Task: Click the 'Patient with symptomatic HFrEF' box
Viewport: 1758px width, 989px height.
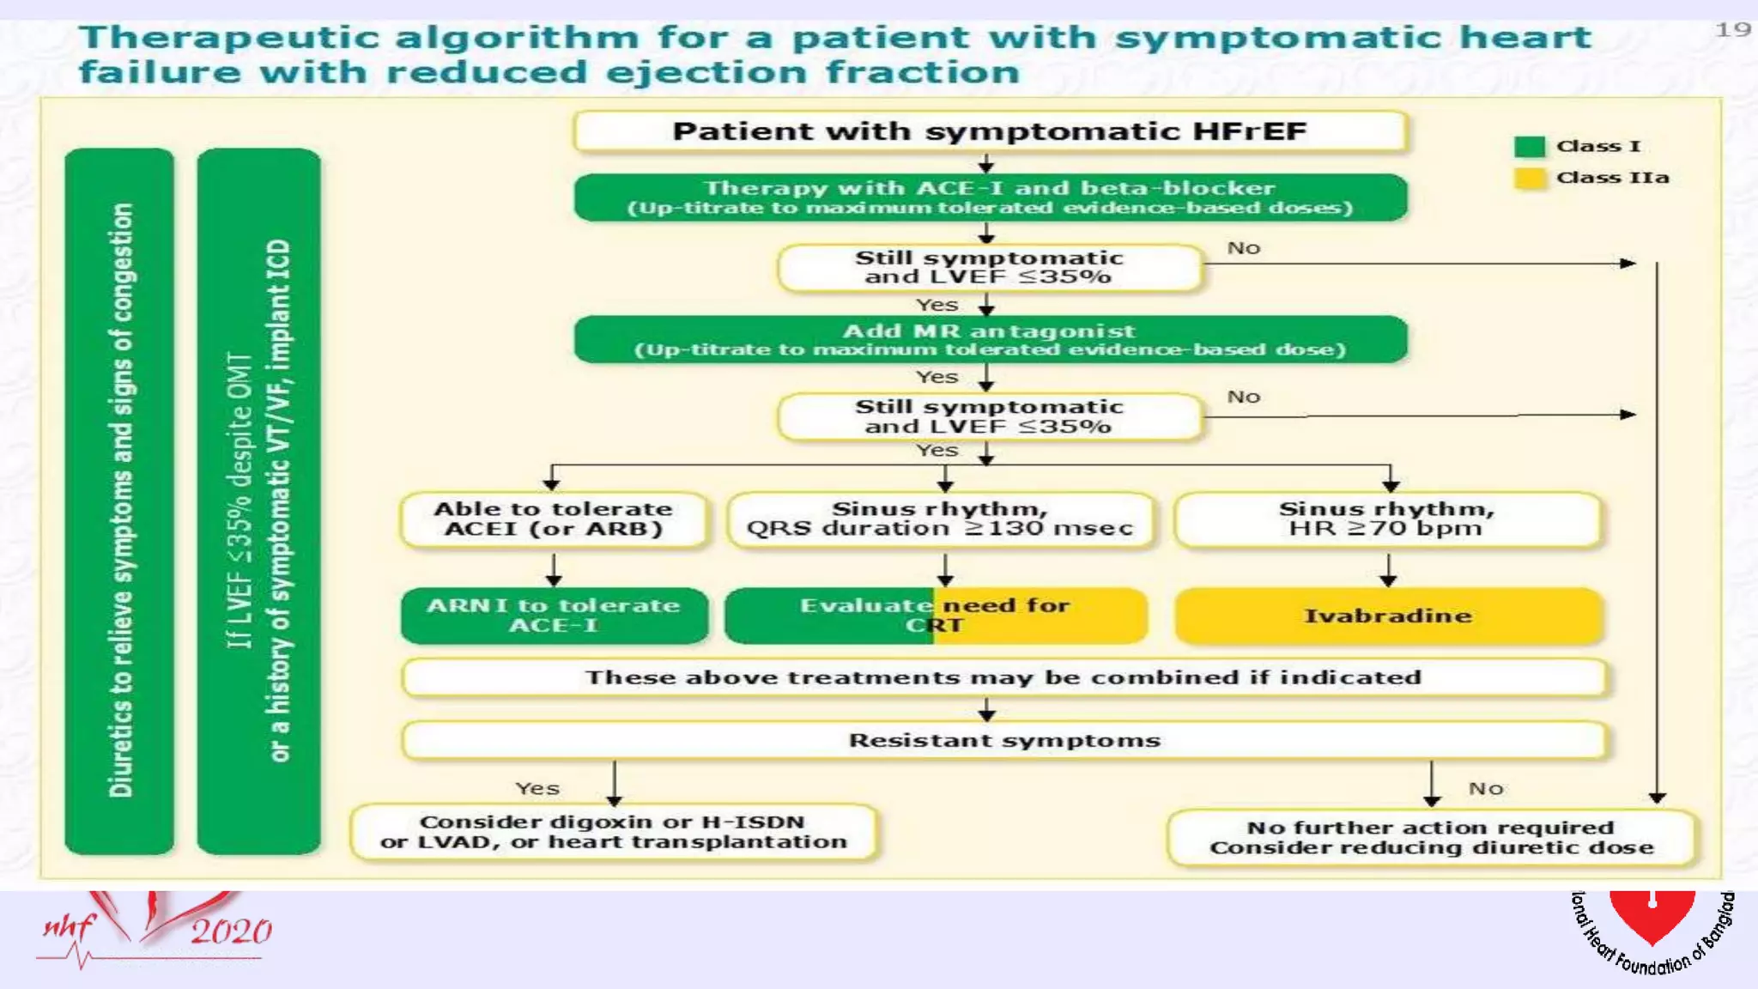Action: [x=989, y=131]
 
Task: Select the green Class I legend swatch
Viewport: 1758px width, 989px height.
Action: [x=1529, y=147]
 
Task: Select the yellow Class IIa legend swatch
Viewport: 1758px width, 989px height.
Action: [x=1529, y=179]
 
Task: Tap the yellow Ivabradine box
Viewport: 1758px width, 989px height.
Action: [x=1388, y=616]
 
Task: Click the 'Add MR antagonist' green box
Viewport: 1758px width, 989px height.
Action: [x=989, y=339]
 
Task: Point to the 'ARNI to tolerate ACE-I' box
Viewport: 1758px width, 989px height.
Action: [x=554, y=616]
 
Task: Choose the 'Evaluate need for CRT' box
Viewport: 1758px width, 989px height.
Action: [x=935, y=616]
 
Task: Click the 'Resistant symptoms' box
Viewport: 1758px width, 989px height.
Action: [x=1004, y=740]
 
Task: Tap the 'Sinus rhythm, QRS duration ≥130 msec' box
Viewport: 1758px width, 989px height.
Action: [x=940, y=519]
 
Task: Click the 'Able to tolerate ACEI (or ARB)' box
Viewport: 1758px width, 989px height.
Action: [x=554, y=519]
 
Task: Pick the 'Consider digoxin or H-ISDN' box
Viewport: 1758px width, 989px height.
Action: [x=613, y=832]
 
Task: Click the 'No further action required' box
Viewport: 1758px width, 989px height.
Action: [x=1431, y=837]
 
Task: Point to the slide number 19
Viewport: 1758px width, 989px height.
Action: [x=1732, y=30]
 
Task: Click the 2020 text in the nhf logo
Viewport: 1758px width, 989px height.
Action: [x=230, y=931]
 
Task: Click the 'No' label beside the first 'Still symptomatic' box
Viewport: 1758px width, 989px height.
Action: [x=1243, y=248]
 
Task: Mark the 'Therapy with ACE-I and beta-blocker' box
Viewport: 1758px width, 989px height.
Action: [x=989, y=197]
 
